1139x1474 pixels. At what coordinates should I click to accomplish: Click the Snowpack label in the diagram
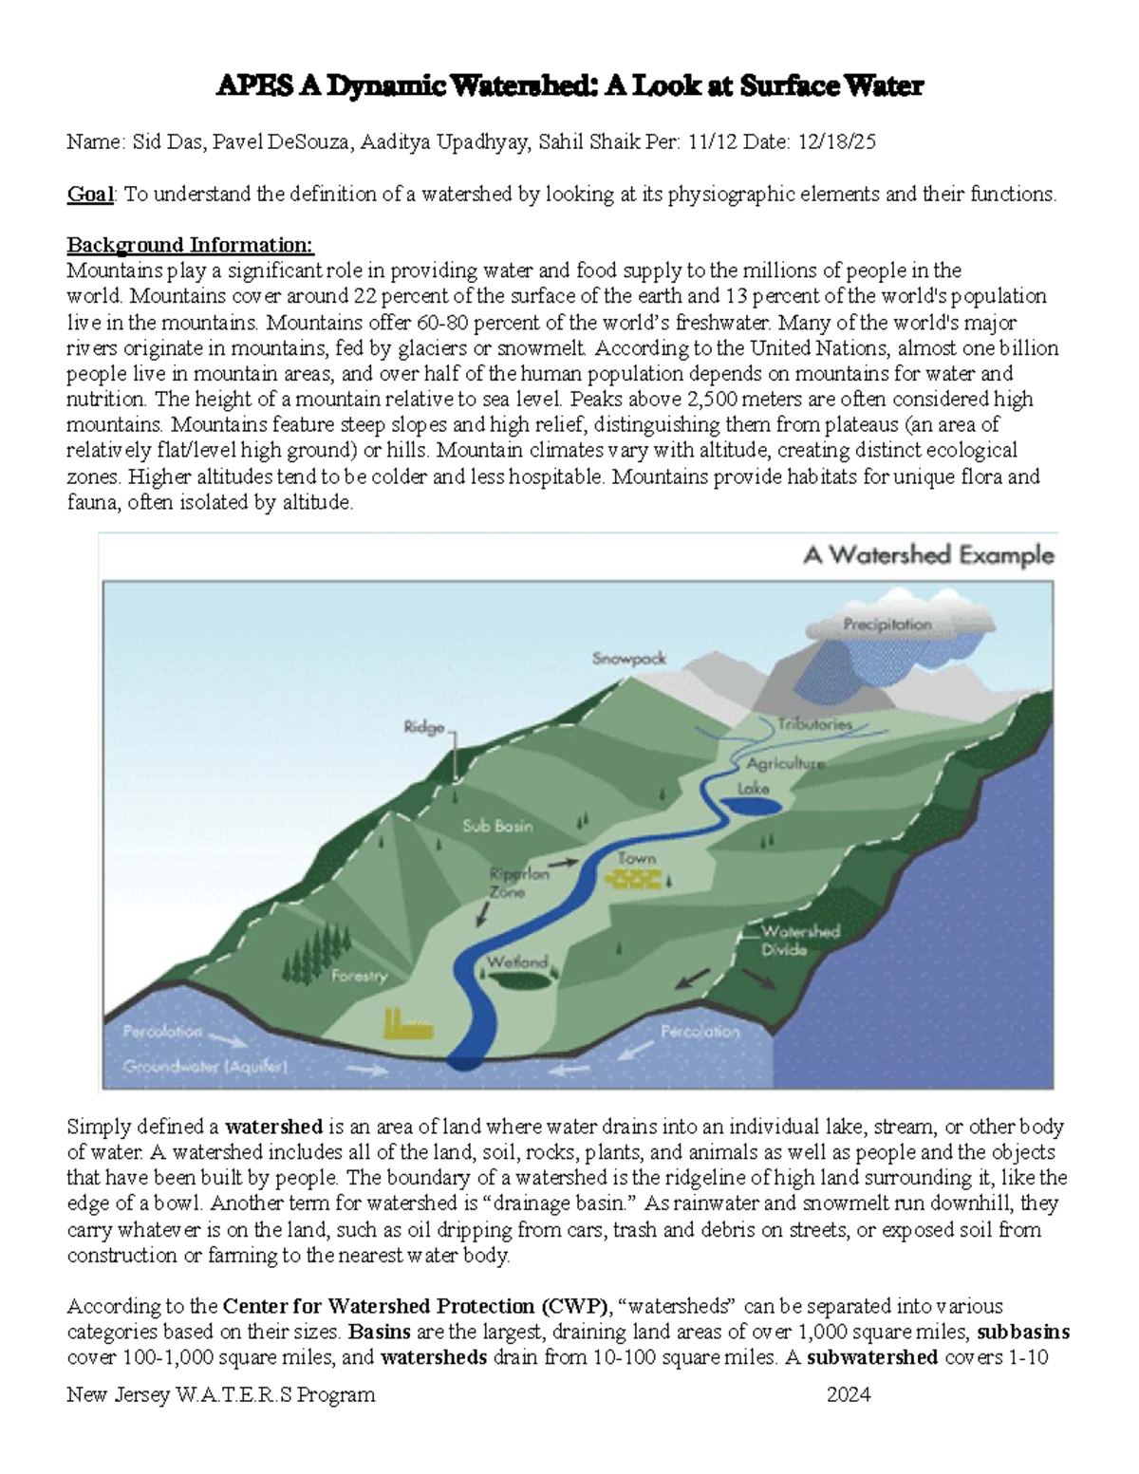[x=629, y=658]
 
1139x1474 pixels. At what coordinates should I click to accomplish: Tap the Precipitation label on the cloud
[x=887, y=625]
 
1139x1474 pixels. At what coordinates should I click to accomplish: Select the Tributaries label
[x=814, y=724]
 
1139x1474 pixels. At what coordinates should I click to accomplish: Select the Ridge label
[x=423, y=727]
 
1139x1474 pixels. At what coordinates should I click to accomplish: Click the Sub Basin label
[x=497, y=826]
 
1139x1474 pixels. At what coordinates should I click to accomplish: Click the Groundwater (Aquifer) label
[x=205, y=1066]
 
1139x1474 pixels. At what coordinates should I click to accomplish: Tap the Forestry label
[x=359, y=976]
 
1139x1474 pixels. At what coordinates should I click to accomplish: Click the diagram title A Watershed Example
[x=928, y=555]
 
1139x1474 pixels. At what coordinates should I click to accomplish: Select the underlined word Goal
[x=89, y=195]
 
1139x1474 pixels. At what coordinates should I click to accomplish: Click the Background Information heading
[x=190, y=246]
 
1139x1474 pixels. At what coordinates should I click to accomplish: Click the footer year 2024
[x=849, y=1394]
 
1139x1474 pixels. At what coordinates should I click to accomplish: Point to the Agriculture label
[x=785, y=763]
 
